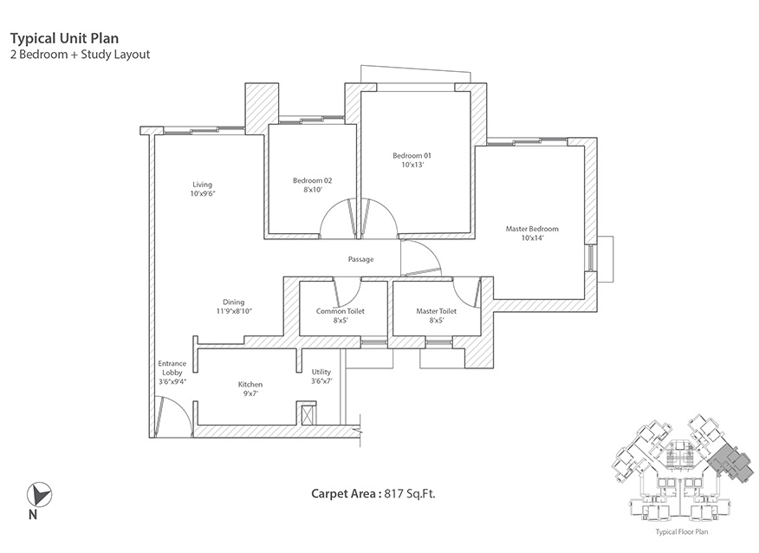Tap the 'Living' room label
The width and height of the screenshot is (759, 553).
[202, 184]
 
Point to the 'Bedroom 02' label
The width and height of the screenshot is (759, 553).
[312, 180]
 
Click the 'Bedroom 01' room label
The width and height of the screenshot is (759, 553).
[412, 155]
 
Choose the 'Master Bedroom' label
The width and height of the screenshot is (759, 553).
[532, 229]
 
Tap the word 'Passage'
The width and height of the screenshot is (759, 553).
[360, 259]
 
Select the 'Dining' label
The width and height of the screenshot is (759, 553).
[233, 302]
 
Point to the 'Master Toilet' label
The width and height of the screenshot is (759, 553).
[436, 310]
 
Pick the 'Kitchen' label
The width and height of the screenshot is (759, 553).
[250, 384]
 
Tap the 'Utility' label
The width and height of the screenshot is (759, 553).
[321, 372]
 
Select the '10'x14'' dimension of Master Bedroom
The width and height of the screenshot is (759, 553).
[532, 238]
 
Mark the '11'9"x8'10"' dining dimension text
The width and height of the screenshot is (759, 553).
[234, 311]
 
